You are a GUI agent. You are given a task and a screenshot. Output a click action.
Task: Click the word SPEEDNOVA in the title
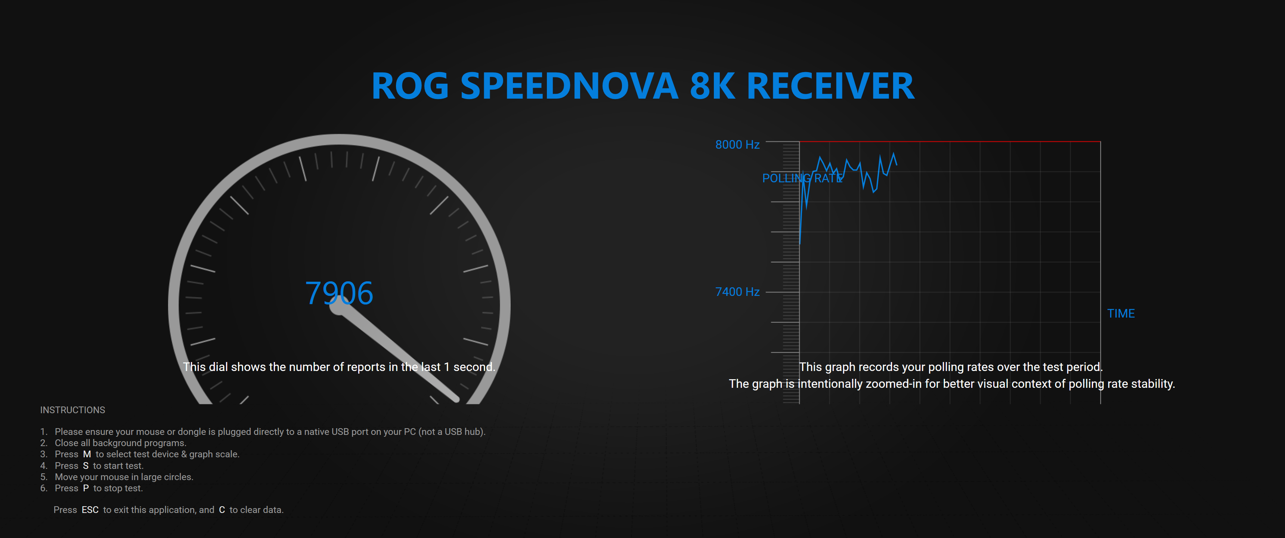[x=569, y=86]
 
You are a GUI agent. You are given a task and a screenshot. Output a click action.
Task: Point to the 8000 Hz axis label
[x=737, y=145]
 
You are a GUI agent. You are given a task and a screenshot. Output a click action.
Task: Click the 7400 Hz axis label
[x=737, y=292]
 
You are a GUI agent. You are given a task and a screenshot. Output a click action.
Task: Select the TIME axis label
[x=1121, y=313]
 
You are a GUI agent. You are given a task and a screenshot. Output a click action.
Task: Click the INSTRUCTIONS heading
[x=73, y=410]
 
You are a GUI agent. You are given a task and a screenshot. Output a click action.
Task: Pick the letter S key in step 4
[x=86, y=466]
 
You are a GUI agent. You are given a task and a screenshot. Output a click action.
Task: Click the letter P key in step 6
[x=86, y=488]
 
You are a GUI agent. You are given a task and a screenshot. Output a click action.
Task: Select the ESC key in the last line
[x=90, y=510]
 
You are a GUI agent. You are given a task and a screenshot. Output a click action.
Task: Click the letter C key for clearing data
[x=222, y=510]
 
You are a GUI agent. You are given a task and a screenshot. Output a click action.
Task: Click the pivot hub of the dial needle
[x=339, y=306]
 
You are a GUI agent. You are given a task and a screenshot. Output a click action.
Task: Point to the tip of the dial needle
[x=456, y=399]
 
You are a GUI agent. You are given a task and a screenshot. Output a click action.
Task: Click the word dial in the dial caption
[x=218, y=367]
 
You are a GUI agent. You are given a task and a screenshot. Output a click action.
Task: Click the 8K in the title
[x=712, y=86]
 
